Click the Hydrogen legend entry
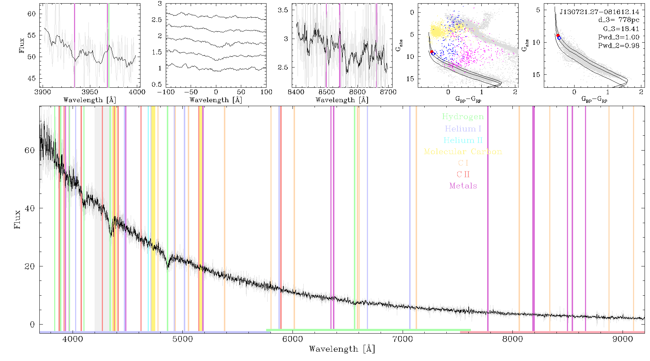(463, 117)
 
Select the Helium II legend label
(463, 140)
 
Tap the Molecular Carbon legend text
(463, 152)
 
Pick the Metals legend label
(463, 186)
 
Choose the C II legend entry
(463, 174)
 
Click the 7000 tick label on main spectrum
(402, 339)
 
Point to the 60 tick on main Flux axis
(30, 150)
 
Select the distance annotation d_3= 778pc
(619, 20)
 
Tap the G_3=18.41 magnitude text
(621, 29)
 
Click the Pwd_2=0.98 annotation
(619, 46)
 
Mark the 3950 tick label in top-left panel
(90, 92)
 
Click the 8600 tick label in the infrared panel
(357, 92)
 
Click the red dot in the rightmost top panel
(558, 35)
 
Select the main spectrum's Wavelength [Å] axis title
(342, 349)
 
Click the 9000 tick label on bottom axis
(622, 339)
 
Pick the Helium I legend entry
(463, 129)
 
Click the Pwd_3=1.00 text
(619, 37)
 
